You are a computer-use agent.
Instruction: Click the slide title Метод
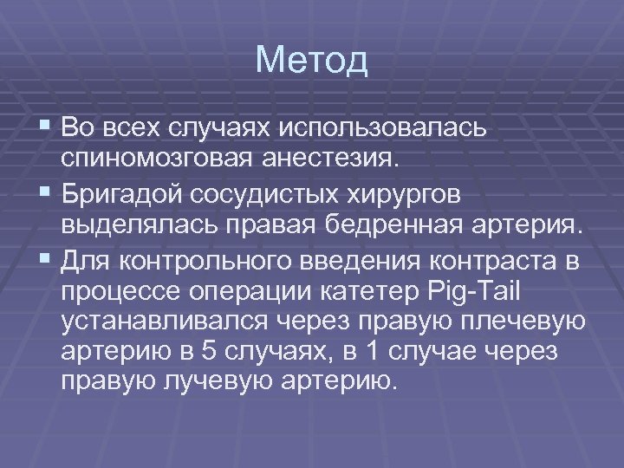tap(312, 61)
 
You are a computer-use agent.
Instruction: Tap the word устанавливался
tap(166, 322)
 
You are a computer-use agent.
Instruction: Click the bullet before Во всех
tap(44, 127)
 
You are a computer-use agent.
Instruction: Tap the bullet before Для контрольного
tap(44, 258)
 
